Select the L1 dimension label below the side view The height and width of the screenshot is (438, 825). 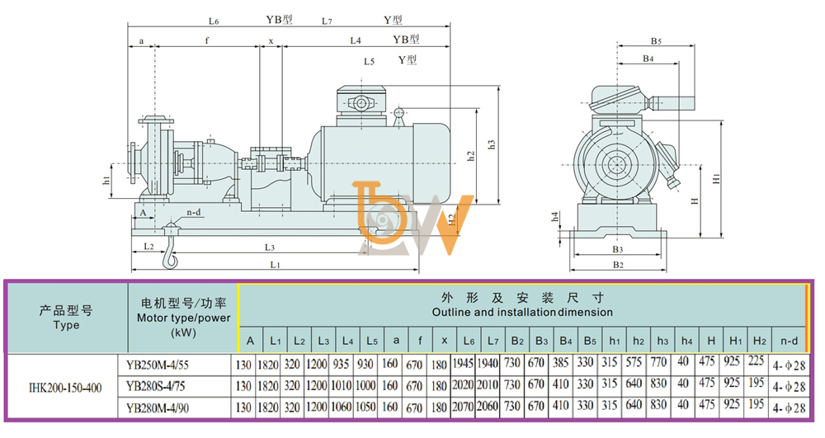click(x=275, y=265)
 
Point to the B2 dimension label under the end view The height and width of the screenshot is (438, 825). click(x=618, y=265)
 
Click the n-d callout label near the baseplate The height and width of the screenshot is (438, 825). click(x=194, y=213)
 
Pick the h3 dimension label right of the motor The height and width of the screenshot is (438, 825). click(x=492, y=144)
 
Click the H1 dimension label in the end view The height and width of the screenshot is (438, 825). click(x=716, y=178)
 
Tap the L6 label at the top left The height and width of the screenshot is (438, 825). click(x=213, y=21)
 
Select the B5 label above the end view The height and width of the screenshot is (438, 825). click(x=656, y=40)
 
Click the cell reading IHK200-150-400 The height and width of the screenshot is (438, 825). click(x=64, y=388)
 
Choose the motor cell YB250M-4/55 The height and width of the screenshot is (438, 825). click(x=158, y=365)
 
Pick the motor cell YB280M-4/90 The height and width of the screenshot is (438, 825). click(x=158, y=407)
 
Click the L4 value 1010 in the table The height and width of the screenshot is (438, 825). click(x=341, y=386)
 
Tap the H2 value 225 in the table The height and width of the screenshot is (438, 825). click(x=756, y=361)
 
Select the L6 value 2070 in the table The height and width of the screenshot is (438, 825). click(x=463, y=407)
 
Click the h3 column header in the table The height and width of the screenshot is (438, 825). click(x=662, y=341)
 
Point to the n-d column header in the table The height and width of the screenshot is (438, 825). click(x=789, y=341)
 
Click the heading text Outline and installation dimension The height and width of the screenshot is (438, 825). click(x=522, y=313)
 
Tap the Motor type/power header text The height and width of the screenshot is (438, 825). click(x=184, y=318)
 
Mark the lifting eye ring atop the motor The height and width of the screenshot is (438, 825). click(x=398, y=112)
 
